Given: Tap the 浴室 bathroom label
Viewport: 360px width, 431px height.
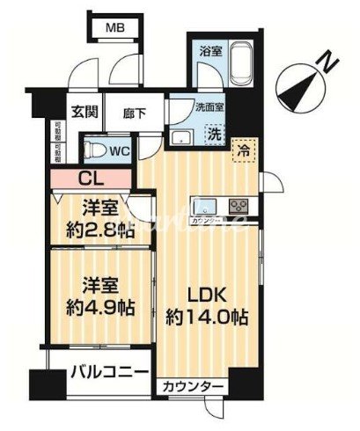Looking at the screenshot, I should [x=209, y=48].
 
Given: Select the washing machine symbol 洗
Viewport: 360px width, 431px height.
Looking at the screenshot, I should [x=213, y=134].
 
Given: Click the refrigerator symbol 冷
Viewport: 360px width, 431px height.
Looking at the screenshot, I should [x=243, y=150].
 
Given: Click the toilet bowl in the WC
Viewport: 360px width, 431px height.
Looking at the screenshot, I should [x=97, y=148].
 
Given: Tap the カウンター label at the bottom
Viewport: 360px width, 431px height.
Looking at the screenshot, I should [x=191, y=386].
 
